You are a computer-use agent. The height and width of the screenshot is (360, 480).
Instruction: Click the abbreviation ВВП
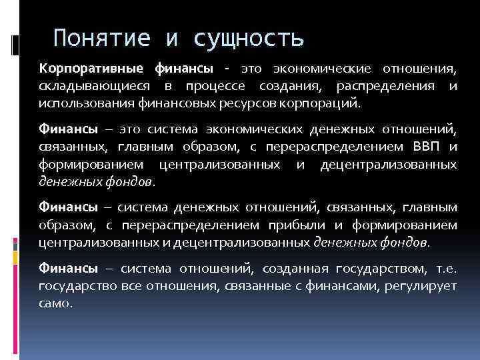[423, 147]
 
